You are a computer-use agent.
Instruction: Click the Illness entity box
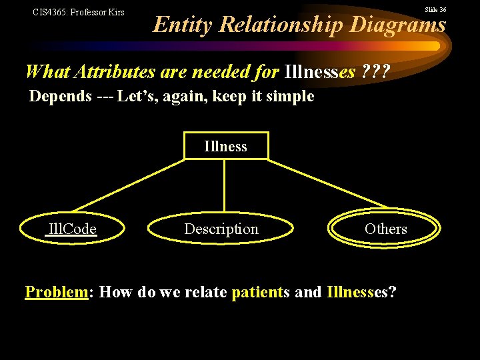click(225, 147)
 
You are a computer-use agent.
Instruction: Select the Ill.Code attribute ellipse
click(71, 229)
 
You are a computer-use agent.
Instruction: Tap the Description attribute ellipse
click(221, 229)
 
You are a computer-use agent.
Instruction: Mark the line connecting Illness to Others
click(327, 183)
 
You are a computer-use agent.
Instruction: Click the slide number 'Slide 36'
click(436, 9)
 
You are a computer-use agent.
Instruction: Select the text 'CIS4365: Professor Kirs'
click(79, 12)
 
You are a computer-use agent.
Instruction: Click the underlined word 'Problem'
click(57, 292)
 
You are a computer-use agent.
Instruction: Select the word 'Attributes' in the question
click(111, 71)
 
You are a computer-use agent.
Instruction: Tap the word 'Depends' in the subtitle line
click(61, 96)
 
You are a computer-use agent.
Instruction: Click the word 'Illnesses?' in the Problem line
click(362, 292)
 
